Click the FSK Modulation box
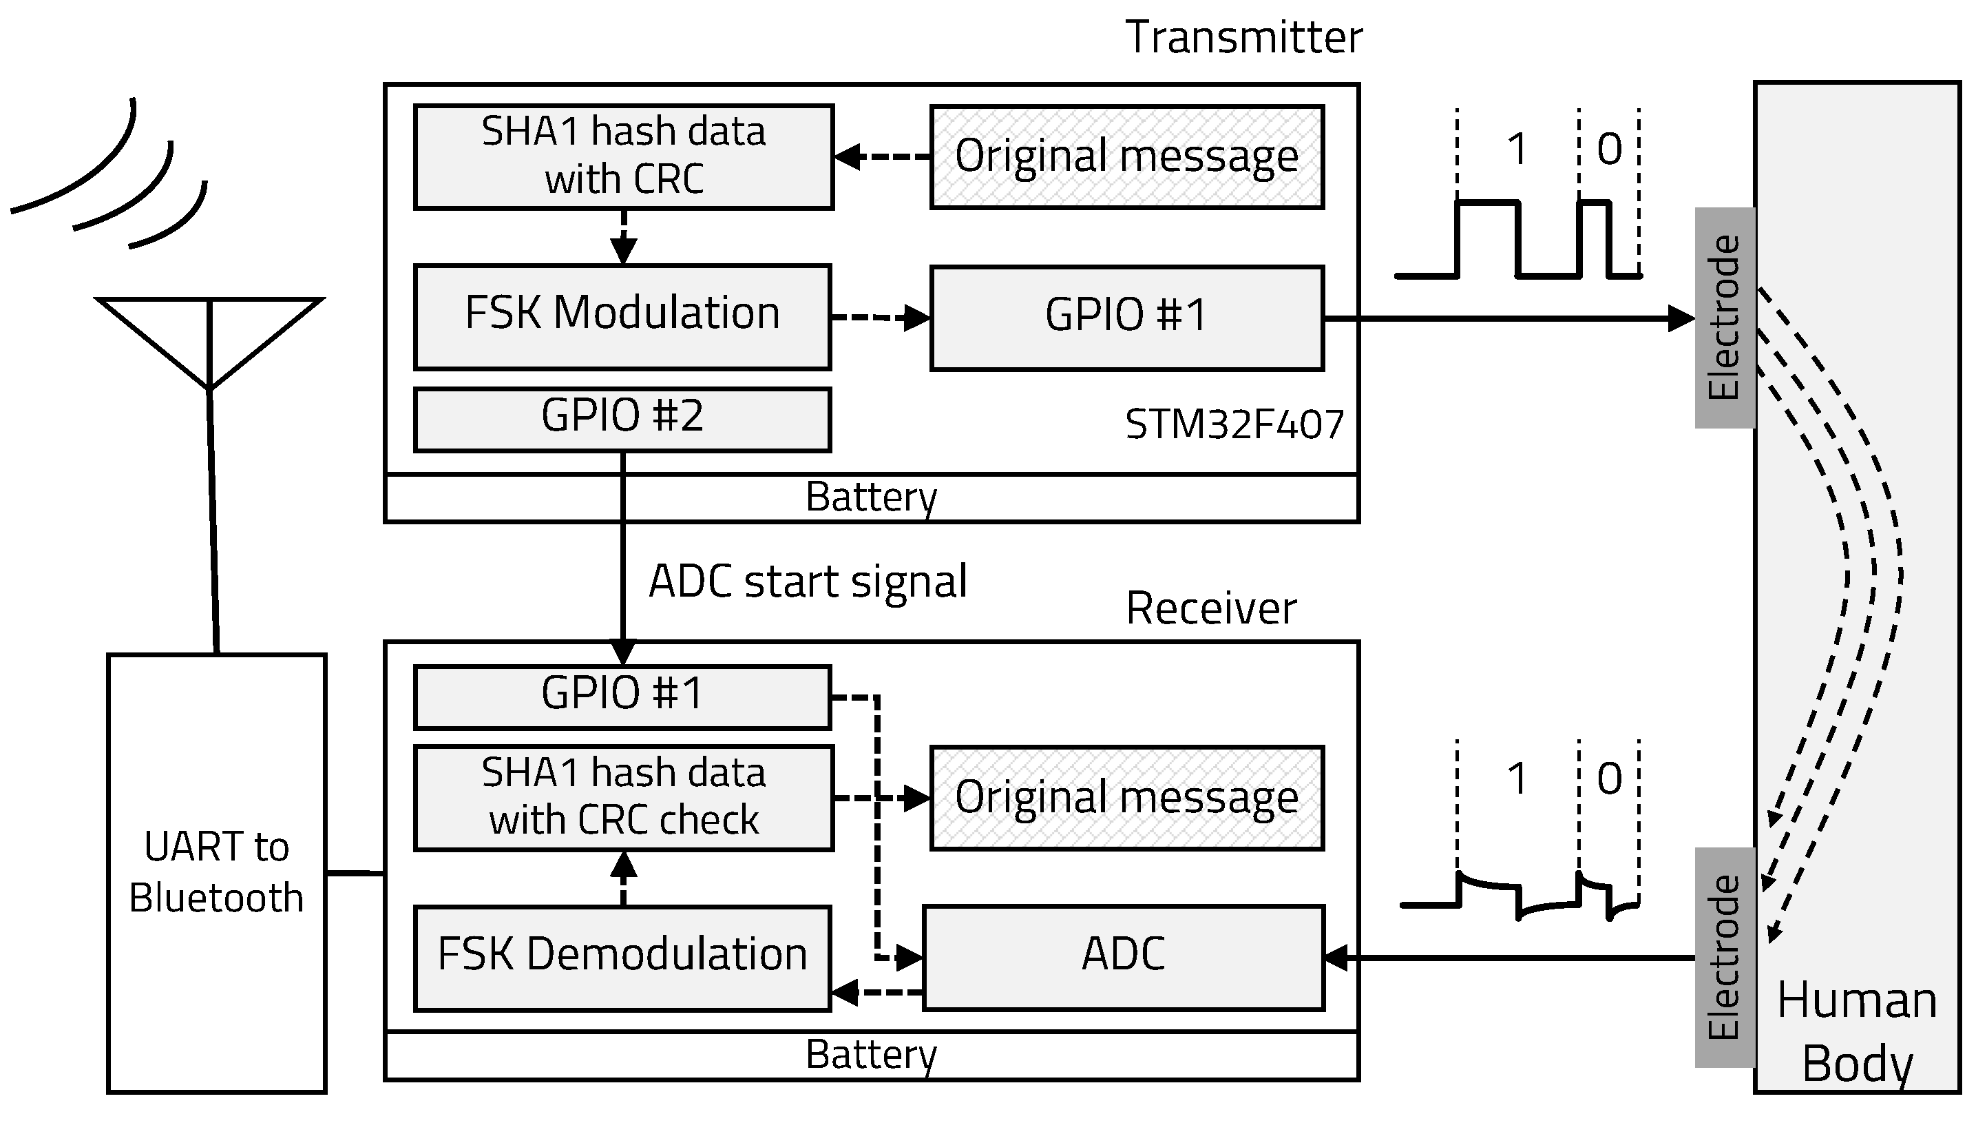pyautogui.click(x=622, y=316)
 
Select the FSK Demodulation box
pyautogui.click(x=622, y=957)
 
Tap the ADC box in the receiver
pyautogui.click(x=1123, y=957)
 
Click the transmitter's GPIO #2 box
pyautogui.click(x=622, y=419)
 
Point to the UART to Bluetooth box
pyautogui.click(x=216, y=873)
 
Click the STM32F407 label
pyautogui.click(x=1234, y=425)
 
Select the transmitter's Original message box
pyautogui.click(x=1126, y=156)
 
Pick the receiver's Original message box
pyautogui.click(x=1126, y=798)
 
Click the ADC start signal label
pyautogui.click(x=808, y=581)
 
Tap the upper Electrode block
pyautogui.click(x=1725, y=317)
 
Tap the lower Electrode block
pyautogui.click(x=1725, y=957)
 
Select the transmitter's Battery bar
pyautogui.click(x=871, y=499)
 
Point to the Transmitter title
pyautogui.click(x=1243, y=37)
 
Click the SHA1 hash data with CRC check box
pyautogui.click(x=623, y=797)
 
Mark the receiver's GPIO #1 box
pyautogui.click(x=622, y=696)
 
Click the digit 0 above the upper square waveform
pyautogui.click(x=1609, y=149)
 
